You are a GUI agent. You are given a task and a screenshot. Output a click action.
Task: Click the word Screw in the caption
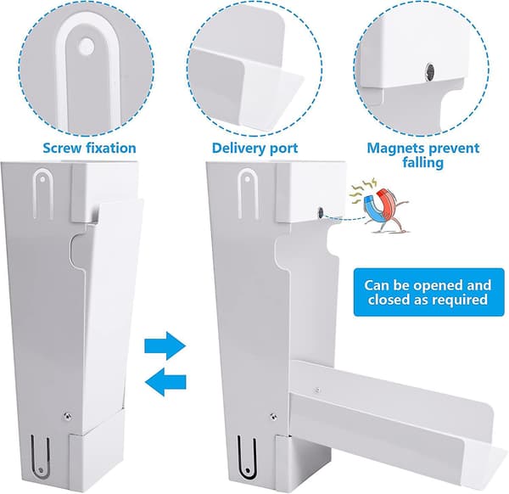tap(62, 148)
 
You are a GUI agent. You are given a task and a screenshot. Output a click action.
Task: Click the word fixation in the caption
tap(111, 148)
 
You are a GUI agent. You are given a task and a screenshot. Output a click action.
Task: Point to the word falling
tap(423, 162)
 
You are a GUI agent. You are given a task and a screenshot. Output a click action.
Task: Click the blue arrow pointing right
tap(165, 346)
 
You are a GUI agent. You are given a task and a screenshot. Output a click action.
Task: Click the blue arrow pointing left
tap(165, 382)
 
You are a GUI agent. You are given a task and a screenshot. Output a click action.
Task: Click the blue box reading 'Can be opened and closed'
tap(428, 292)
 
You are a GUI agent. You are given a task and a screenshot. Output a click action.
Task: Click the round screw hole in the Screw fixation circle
tap(87, 47)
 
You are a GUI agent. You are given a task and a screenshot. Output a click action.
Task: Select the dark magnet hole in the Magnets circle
tap(431, 70)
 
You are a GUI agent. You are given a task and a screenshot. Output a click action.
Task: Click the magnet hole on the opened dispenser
tap(321, 213)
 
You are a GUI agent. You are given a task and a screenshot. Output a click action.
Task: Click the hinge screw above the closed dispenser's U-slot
tap(67, 416)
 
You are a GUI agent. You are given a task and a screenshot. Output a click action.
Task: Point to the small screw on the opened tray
tap(317, 389)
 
